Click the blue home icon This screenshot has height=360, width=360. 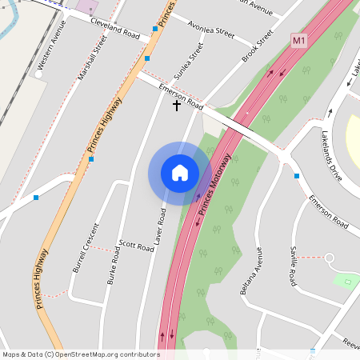pos(180,172)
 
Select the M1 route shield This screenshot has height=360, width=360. pos(299,40)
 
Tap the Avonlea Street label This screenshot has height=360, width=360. pos(210,31)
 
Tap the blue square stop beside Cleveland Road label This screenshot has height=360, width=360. pos(155,29)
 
